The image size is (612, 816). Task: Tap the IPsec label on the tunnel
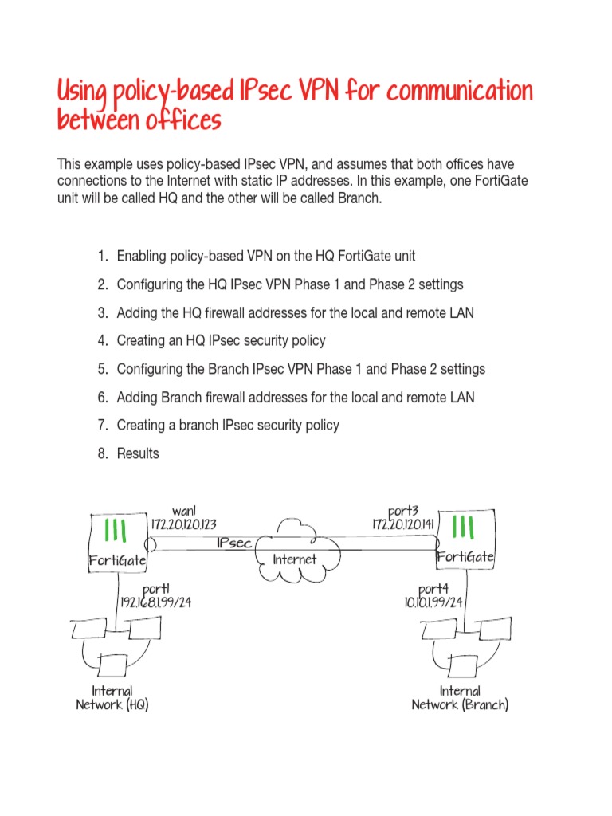click(234, 543)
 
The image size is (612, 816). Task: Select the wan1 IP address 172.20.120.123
click(184, 524)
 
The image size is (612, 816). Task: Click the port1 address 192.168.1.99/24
click(155, 602)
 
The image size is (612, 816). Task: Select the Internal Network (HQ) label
click(112, 697)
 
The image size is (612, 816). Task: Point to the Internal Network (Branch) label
click(460, 697)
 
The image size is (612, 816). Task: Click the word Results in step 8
click(138, 453)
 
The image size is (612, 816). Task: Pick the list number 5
click(103, 369)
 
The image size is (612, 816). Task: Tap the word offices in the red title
click(181, 121)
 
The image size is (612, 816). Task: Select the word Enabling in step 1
click(142, 256)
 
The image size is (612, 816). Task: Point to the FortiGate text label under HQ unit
click(117, 560)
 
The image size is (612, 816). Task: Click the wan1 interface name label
click(184, 510)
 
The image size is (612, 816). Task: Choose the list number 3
click(103, 312)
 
